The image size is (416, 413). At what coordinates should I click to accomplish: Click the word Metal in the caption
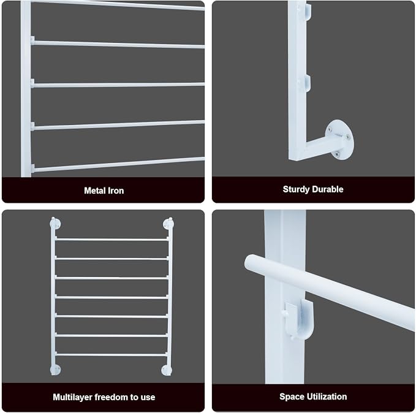pyautogui.click(x=93, y=191)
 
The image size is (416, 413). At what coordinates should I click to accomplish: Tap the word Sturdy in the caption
pyautogui.click(x=294, y=189)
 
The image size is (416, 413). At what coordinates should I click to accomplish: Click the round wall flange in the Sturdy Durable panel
pyautogui.click(x=340, y=140)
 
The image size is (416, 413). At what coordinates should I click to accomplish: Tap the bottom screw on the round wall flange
pyautogui.click(x=337, y=154)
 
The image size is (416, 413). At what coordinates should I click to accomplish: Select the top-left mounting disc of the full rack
pyautogui.click(x=55, y=224)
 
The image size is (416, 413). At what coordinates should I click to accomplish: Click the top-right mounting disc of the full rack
pyautogui.click(x=168, y=224)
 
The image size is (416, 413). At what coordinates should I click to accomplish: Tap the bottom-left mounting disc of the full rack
pyautogui.click(x=56, y=369)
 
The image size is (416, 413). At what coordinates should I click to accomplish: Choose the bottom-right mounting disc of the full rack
pyautogui.click(x=167, y=370)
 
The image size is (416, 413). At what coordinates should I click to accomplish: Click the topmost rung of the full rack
pyautogui.click(x=112, y=240)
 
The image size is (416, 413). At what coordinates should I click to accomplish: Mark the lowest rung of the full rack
pyautogui.click(x=112, y=355)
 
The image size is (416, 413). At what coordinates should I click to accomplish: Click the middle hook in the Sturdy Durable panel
pyautogui.click(x=306, y=83)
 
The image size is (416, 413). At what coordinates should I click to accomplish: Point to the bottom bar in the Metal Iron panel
pyautogui.click(x=118, y=165)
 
